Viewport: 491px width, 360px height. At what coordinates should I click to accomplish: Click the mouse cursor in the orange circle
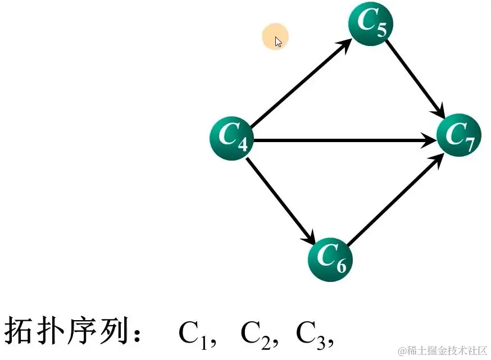tap(278, 41)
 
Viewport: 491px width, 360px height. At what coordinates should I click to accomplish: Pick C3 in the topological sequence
tap(311, 332)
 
